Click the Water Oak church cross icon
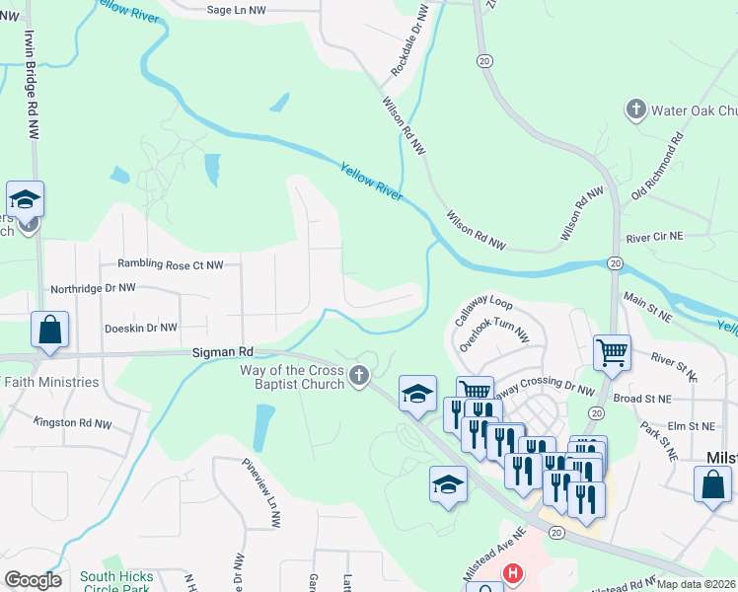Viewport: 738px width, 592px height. coord(636,110)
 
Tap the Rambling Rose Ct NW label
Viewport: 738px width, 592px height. coord(171,264)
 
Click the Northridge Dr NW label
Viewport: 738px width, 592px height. coord(94,288)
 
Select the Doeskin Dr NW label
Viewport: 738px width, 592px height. coord(140,327)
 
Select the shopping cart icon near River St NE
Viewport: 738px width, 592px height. coord(613,351)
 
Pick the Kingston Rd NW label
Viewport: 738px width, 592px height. coord(72,422)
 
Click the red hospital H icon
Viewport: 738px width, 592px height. coord(512,572)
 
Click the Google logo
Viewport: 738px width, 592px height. coord(33,580)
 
